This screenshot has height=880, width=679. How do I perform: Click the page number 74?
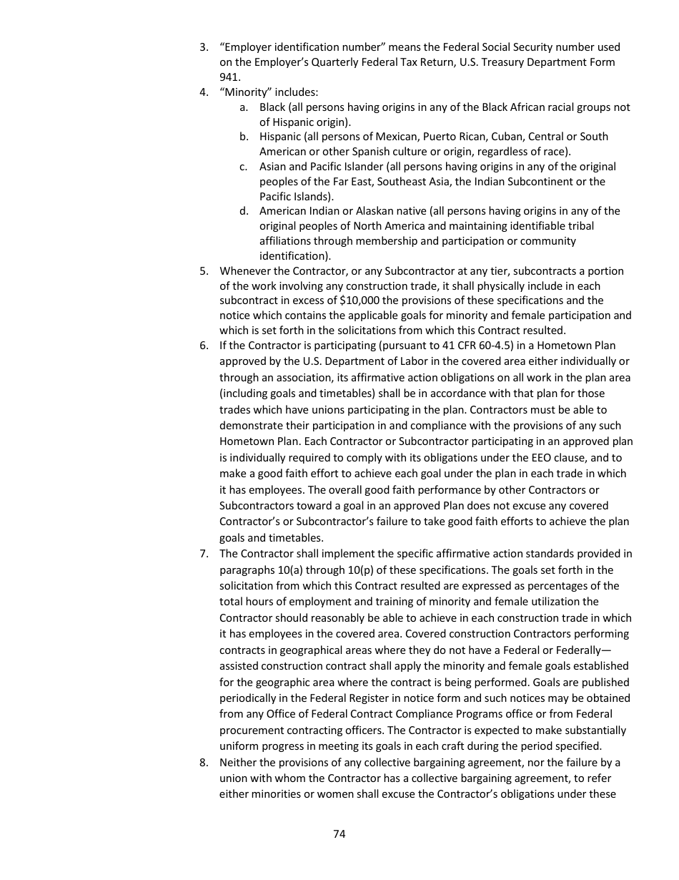(339, 833)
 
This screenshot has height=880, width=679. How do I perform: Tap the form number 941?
(229, 77)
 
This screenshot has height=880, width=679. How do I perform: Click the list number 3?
(203, 47)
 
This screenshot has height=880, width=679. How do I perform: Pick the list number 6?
(203, 346)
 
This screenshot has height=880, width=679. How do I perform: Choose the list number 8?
(203, 763)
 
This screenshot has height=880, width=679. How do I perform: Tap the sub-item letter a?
(244, 107)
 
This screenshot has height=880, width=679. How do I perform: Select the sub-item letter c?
(244, 167)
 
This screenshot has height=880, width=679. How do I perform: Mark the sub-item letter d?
(244, 211)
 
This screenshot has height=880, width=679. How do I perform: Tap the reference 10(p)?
(359, 570)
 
